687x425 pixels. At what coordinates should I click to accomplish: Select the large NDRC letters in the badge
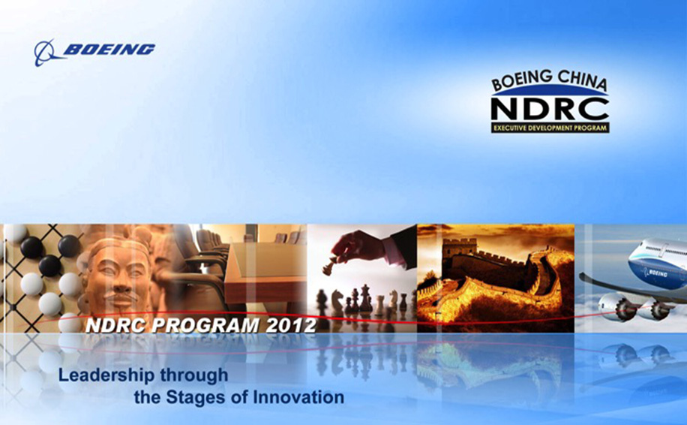pos(550,109)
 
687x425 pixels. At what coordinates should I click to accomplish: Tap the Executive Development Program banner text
pos(550,128)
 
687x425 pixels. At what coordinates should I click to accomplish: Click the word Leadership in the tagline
pos(106,375)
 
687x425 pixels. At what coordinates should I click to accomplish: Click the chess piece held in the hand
pos(329,266)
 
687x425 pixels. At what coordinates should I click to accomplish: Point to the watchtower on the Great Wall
pos(459,249)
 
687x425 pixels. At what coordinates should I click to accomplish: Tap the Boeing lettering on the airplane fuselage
pos(657,273)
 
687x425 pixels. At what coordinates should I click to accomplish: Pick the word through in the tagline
pos(194,375)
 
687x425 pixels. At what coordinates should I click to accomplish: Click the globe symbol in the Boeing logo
pos(46,53)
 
